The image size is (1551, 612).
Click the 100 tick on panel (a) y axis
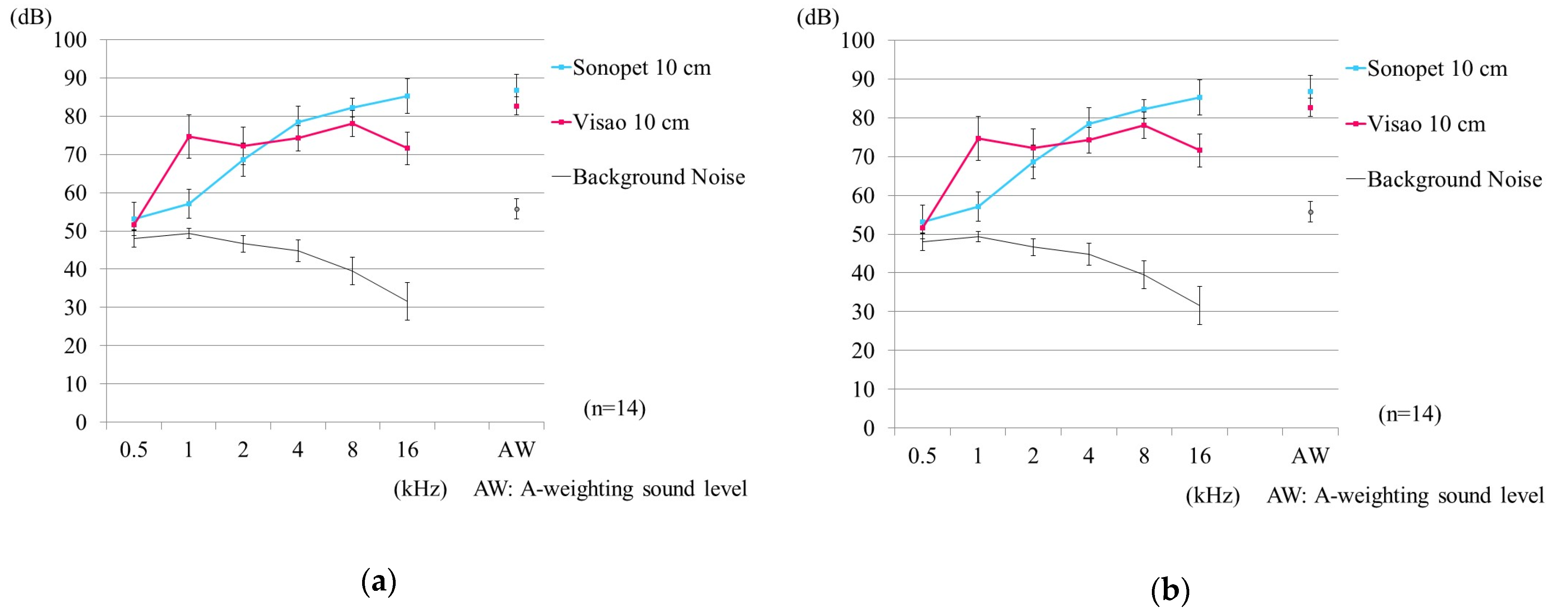[x=70, y=40]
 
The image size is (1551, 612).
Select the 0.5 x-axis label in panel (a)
[x=134, y=450]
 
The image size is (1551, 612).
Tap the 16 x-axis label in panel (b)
[x=1199, y=456]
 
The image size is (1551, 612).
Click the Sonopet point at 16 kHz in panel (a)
[x=407, y=96]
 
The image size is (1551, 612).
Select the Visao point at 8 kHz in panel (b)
[x=1144, y=125]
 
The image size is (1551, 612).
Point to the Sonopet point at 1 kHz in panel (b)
[x=978, y=206]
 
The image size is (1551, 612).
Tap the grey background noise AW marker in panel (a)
[x=517, y=209]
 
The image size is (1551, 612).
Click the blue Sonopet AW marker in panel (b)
[x=1310, y=92]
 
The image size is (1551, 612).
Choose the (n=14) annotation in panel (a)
[x=614, y=409]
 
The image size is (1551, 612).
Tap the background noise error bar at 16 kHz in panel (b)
[x=1199, y=306]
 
